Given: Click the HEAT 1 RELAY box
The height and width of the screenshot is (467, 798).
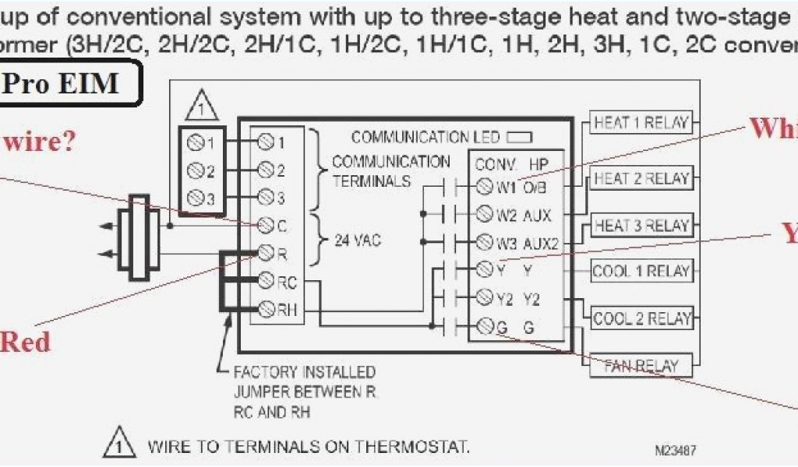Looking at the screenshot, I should [641, 123].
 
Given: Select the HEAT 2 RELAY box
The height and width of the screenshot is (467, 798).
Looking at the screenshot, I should [641, 178].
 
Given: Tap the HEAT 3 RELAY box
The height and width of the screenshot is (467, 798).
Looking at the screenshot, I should [641, 226].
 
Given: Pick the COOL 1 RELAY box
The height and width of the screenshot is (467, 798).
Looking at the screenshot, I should [641, 272].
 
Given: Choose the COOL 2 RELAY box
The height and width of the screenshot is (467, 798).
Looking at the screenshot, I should [641, 318].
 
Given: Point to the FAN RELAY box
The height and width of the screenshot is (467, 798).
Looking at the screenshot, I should [641, 365].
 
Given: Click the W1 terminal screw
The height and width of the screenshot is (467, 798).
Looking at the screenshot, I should [484, 187].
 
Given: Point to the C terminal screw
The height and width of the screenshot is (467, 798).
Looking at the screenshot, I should [266, 226].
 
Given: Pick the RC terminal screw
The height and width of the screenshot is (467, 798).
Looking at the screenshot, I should [266, 280].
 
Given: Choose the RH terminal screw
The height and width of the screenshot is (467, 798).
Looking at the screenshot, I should [266, 309].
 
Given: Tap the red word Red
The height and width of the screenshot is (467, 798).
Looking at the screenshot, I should [25, 342].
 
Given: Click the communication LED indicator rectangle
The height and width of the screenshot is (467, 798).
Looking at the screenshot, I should [519, 138].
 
